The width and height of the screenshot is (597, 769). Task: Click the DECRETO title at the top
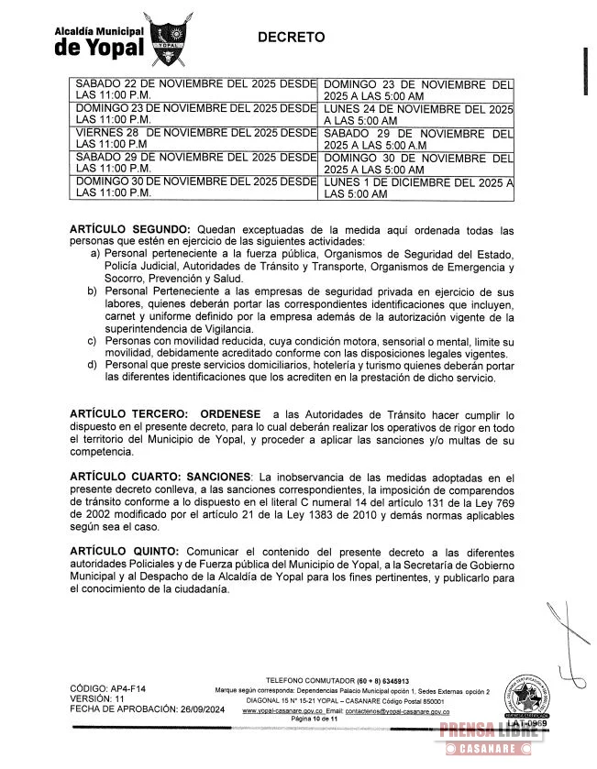(x=291, y=38)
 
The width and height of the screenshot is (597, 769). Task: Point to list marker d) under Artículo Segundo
(x=93, y=365)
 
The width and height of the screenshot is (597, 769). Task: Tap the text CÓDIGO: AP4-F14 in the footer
(x=107, y=688)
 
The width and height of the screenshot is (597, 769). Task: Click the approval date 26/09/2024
(x=198, y=709)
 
